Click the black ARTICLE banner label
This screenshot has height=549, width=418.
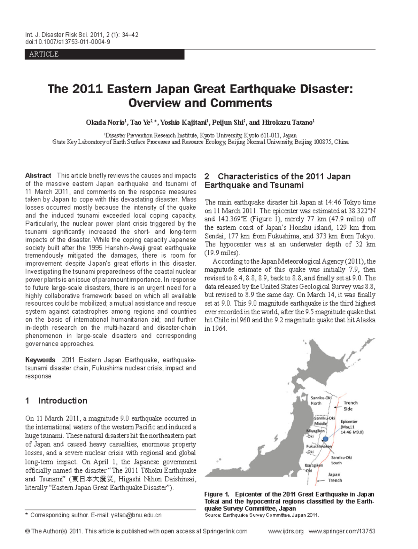44,54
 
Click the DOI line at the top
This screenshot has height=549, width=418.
68,42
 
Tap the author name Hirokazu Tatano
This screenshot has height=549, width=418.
287,123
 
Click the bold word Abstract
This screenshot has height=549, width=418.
38,175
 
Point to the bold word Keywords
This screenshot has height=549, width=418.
40,360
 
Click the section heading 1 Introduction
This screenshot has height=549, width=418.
56,401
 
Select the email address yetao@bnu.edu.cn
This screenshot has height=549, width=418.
136,515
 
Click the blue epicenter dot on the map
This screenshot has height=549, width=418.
325,439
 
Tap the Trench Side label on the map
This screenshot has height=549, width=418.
350,406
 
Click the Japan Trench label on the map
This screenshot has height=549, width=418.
334,477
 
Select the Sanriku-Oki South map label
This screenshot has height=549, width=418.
341,460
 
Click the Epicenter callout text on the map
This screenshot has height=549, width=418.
351,427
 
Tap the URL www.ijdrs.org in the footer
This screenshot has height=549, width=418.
286,531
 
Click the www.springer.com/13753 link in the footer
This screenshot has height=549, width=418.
342,531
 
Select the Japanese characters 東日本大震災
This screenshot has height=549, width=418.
93,479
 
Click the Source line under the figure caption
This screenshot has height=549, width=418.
262,515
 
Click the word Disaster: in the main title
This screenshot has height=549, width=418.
326,89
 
